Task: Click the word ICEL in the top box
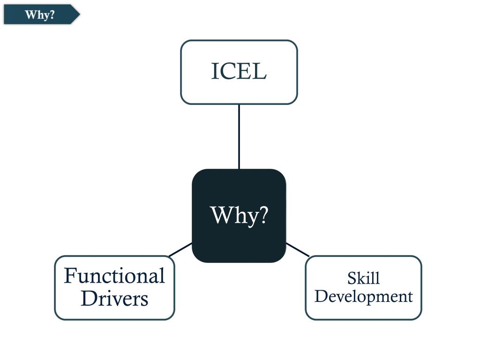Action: tap(239, 71)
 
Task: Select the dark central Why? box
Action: tap(239, 216)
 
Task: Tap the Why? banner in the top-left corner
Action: tap(42, 15)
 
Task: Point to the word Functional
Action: tap(114, 276)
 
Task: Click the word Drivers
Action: tap(114, 299)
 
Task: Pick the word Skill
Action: tap(363, 278)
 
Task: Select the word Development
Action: tap(364, 296)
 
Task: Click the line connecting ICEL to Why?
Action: tap(239, 136)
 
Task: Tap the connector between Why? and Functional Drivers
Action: tap(180, 249)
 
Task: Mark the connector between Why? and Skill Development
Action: tap(298, 249)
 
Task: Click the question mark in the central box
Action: tap(262, 215)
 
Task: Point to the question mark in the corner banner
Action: tap(52, 14)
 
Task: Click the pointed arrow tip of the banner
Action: tap(80, 15)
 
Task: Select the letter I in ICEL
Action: tap(214, 71)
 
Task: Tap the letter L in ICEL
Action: tap(260, 71)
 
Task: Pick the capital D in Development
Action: tap(321, 296)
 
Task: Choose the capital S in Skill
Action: tap(352, 278)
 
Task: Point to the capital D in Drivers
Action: tap(89, 298)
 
